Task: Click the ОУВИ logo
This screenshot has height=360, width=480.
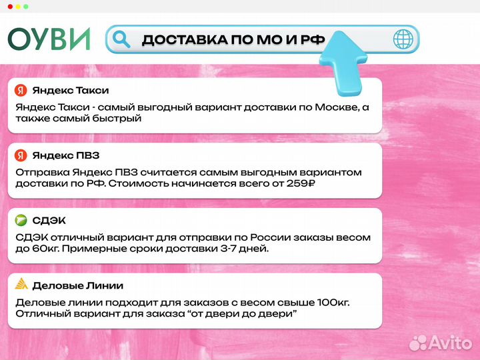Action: [x=49, y=39]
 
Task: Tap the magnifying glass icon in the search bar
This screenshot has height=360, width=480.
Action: [x=121, y=39]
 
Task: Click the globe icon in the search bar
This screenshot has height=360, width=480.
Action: [x=403, y=39]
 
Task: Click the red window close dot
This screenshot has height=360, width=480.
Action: [x=9, y=6]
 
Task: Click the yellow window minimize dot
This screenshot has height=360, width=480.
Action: [x=17, y=6]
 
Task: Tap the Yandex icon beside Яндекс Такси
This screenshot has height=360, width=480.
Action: [x=21, y=90]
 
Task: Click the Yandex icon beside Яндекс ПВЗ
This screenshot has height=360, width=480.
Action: [x=21, y=155]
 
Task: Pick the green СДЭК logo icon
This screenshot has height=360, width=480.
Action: [x=21, y=221]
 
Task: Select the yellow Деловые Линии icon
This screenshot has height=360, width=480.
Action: [x=21, y=285]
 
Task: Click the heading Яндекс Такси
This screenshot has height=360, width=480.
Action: [x=70, y=90]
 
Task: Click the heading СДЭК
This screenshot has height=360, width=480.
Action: [x=49, y=221]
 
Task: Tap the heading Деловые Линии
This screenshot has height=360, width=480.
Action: [x=77, y=285]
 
